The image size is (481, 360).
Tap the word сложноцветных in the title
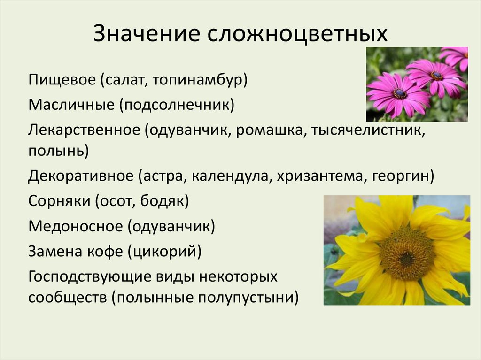coord(296,35)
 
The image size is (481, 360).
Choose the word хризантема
coord(320,176)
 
